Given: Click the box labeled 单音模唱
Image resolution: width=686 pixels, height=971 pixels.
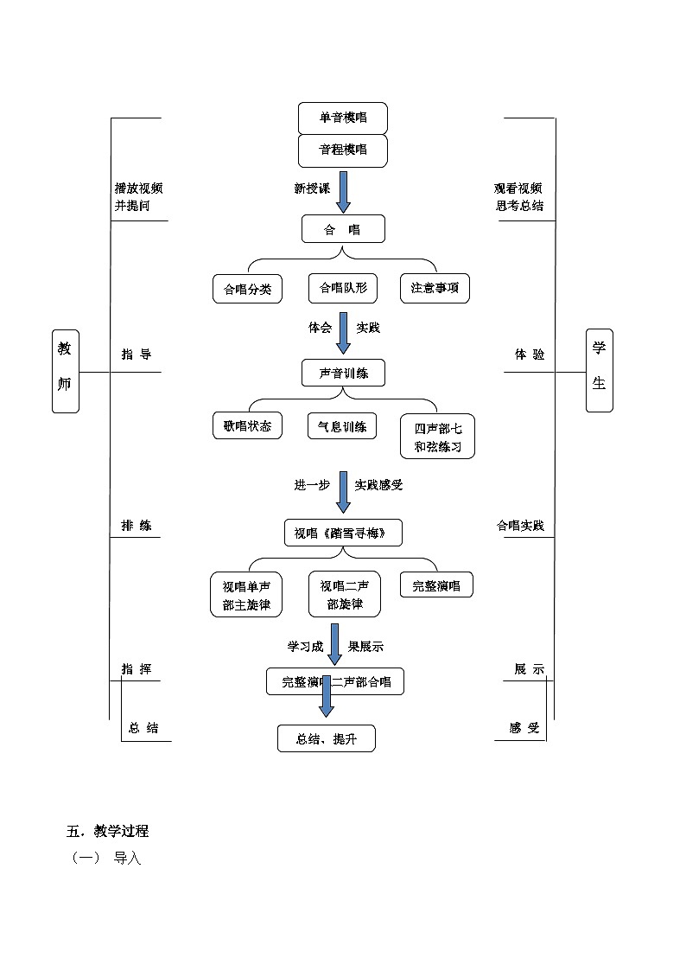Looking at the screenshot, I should tap(342, 118).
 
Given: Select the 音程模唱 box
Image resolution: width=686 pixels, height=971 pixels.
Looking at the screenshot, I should tap(342, 150).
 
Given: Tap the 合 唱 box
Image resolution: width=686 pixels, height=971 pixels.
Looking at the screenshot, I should tap(342, 229).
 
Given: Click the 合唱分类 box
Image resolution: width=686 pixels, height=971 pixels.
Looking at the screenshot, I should tap(247, 289).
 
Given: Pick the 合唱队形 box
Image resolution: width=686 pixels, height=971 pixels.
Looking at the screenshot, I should tap(343, 288).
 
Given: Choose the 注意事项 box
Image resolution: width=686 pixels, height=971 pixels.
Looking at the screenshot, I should tap(435, 289).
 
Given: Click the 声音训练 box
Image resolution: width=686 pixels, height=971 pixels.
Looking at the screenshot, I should tap(342, 373).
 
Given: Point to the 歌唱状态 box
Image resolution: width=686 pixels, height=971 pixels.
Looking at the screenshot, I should tap(247, 425).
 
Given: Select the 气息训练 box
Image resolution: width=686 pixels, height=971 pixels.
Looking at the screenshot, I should tap(342, 425).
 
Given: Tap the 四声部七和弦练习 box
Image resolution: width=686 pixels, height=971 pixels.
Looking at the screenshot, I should tap(437, 437).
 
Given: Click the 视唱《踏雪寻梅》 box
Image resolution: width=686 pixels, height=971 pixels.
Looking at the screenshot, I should tap(343, 533).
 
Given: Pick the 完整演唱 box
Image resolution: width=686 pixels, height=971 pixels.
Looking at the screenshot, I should tap(435, 585).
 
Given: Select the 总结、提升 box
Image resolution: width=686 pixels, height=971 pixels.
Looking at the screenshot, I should tap(326, 738).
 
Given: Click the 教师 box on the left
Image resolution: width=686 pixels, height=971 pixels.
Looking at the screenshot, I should tap(65, 370).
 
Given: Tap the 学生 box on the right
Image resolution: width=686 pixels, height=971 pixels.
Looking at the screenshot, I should tap(598, 370).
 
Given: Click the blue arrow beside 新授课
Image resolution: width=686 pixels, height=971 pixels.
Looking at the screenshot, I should tap(343, 191).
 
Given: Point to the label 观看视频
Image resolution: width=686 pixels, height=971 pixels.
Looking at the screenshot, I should tap(518, 188).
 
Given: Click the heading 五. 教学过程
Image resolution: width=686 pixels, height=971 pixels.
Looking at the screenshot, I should tap(108, 832).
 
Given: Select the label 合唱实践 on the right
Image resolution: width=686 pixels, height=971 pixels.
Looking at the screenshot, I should tap(520, 525).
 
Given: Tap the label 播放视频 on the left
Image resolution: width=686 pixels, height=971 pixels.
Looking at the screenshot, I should tap(139, 188).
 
